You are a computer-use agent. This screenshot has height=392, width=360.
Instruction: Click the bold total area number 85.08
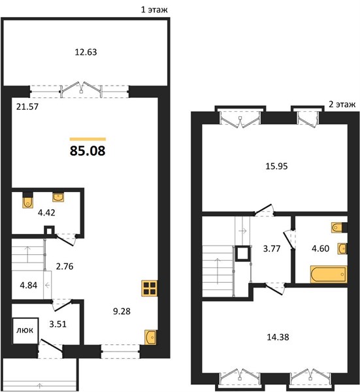[x=88, y=151]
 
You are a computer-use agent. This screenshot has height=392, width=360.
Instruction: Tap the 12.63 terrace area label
[x=86, y=52]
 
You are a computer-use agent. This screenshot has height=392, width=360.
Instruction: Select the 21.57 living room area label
[x=27, y=106]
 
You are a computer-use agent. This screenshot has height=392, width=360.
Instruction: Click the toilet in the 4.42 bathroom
[x=27, y=202]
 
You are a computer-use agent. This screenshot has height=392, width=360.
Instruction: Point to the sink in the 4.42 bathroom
[x=58, y=197]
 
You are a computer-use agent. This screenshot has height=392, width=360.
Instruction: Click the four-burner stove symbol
[x=150, y=289]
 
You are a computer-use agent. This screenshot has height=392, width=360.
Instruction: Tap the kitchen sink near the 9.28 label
[x=150, y=337]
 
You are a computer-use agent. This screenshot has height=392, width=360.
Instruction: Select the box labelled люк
[x=25, y=331]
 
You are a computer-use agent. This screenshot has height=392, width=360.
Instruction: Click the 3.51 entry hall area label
[x=57, y=324]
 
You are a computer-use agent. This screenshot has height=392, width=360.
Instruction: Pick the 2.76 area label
[x=65, y=267]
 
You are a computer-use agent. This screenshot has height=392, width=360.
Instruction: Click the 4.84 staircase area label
[x=29, y=286]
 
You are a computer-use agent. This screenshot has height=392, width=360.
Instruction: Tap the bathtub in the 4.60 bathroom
[x=329, y=274]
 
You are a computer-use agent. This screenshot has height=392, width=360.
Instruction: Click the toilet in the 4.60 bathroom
[x=338, y=227]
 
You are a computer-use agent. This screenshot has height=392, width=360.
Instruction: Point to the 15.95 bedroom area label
[x=276, y=166]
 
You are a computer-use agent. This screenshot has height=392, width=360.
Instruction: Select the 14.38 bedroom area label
[x=278, y=337]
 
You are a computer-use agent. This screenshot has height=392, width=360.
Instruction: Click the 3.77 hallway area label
[x=272, y=249]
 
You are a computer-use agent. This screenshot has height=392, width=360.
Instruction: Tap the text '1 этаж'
[x=154, y=10]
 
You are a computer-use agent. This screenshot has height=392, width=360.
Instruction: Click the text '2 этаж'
[x=342, y=104]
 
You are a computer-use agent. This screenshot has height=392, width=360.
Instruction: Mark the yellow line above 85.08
[x=88, y=139]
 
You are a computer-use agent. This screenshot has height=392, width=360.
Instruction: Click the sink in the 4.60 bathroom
[x=342, y=248]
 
